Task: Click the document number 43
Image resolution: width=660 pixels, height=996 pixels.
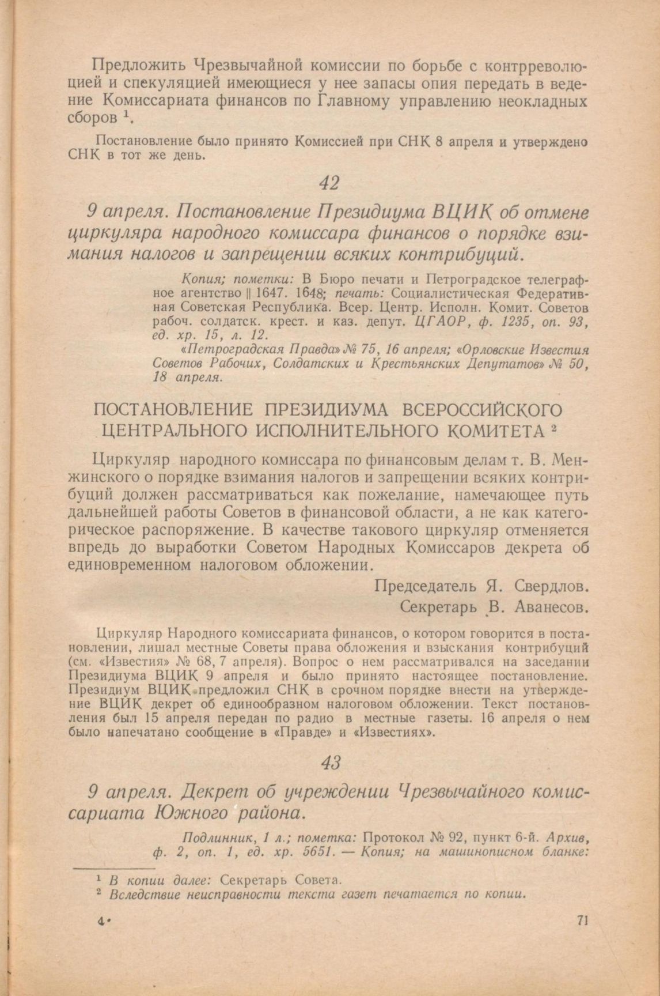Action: pos(331,763)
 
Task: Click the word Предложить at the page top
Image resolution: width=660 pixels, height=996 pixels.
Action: pos(138,65)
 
